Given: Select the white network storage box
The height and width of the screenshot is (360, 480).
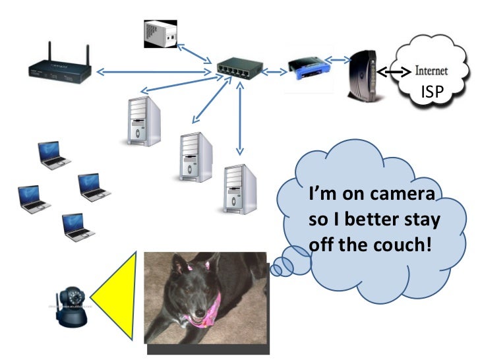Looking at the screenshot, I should click(161, 33).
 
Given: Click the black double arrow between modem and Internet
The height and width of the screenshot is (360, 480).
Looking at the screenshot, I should click(394, 71).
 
